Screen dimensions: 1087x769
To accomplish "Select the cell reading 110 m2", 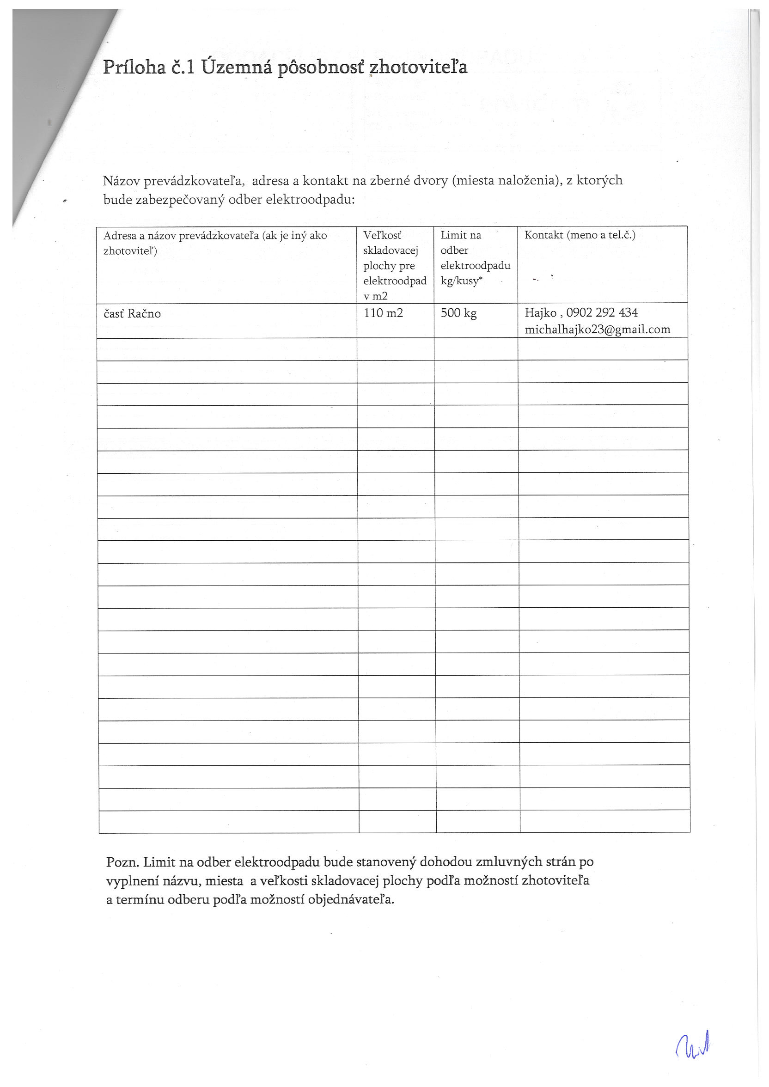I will point(383,313).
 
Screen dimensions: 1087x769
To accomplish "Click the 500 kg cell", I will point(458,313).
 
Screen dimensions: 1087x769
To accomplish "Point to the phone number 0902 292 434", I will point(602,312).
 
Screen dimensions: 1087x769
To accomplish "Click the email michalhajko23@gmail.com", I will point(597,330).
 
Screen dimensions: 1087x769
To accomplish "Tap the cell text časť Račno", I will point(132,313).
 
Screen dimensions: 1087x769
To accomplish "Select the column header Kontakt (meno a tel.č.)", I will point(580,235).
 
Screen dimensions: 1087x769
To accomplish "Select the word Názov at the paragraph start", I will point(121,180).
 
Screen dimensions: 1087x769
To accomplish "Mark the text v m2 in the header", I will point(376,296).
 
